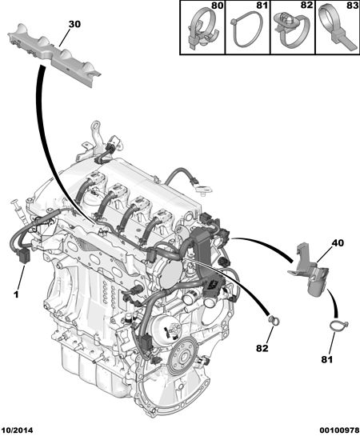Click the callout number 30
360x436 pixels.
click(74, 25)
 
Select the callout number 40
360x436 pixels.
click(338, 243)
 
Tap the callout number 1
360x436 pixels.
click(16, 294)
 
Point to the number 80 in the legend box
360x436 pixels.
click(217, 6)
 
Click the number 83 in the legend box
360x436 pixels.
click(353, 6)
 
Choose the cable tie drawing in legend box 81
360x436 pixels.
click(247, 30)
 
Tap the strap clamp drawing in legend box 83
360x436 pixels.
click(338, 29)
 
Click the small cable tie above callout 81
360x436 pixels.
click(338, 326)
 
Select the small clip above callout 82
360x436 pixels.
click(274, 321)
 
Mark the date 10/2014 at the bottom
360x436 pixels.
click(17, 430)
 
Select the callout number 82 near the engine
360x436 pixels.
click(262, 348)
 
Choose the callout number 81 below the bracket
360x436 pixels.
click(327, 359)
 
